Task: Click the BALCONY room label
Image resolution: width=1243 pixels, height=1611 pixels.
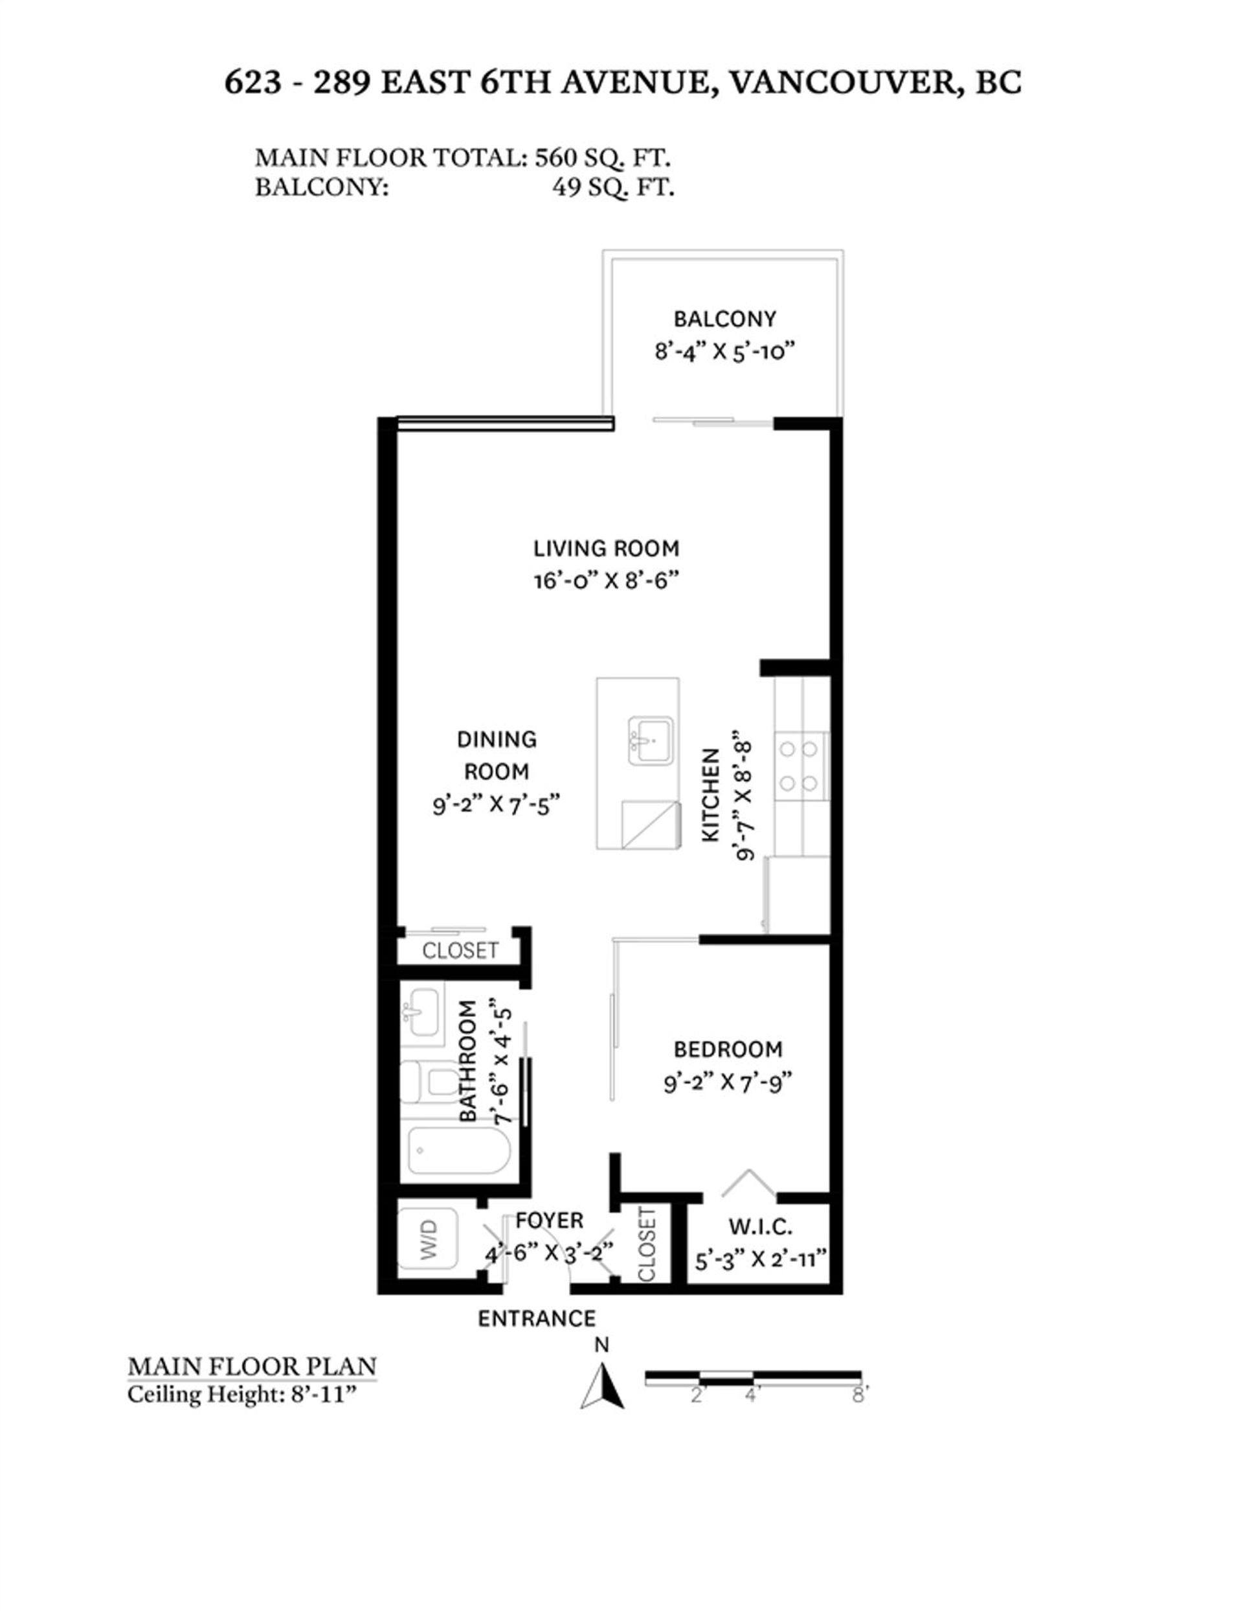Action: [724, 319]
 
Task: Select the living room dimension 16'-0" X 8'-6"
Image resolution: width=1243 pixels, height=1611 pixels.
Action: [605, 581]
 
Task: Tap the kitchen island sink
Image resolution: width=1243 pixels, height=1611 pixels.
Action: [649, 740]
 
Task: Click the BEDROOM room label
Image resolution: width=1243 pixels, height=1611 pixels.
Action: [727, 1049]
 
